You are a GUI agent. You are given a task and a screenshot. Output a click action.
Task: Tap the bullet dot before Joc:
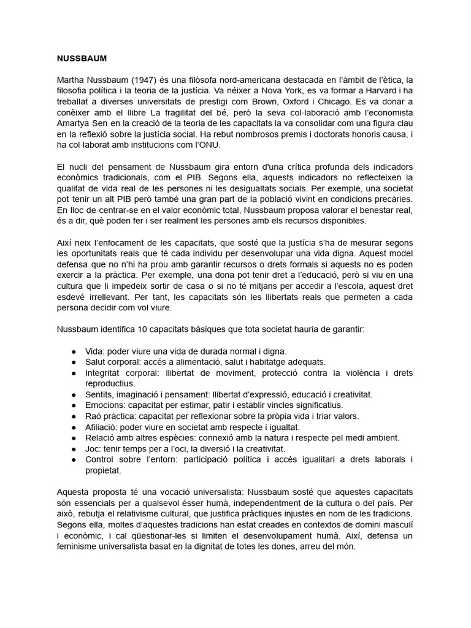[x=74, y=449]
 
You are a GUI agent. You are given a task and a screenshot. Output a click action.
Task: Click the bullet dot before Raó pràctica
[x=74, y=416]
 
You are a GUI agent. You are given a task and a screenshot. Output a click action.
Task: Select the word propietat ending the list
[x=103, y=470]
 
